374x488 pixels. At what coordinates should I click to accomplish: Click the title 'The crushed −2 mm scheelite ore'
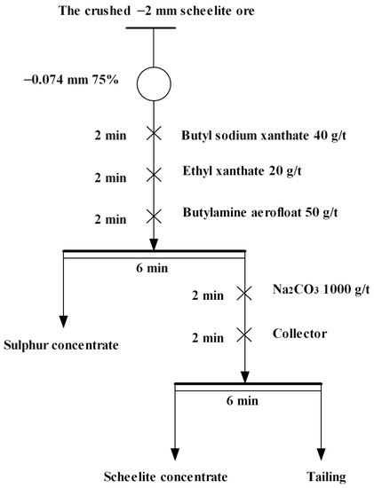(x=155, y=9)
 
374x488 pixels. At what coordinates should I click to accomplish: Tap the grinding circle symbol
(x=154, y=84)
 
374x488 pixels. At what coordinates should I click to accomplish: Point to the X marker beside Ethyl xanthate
(x=154, y=175)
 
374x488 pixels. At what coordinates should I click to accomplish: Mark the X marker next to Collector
(x=244, y=336)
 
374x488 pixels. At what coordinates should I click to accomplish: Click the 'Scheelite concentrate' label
(x=159, y=476)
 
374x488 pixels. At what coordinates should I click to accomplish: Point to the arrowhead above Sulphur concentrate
(x=63, y=319)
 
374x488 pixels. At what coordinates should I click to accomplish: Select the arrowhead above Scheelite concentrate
(x=176, y=452)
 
